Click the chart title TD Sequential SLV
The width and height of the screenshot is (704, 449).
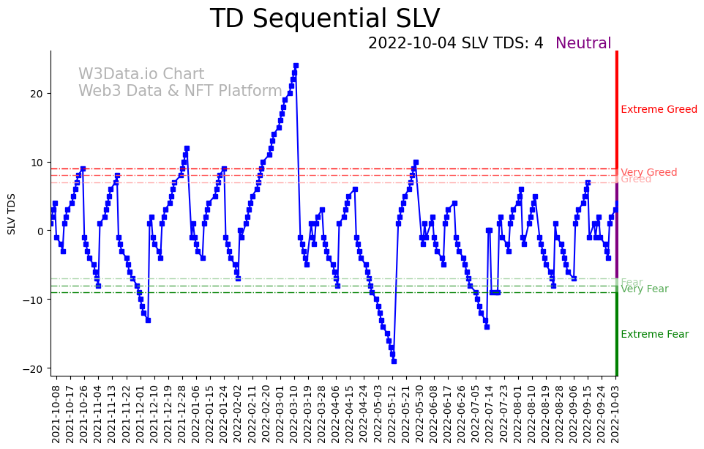(325, 19)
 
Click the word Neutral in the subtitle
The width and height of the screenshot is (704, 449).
(583, 43)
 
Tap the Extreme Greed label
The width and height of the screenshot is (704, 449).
(659, 110)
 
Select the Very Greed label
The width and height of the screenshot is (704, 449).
(648, 172)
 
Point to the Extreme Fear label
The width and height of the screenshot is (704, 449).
(654, 335)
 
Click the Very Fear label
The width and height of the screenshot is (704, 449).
(644, 289)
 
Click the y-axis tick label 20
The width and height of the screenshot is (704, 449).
(37, 94)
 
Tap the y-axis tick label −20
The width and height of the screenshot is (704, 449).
(34, 368)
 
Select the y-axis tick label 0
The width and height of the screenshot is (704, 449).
(40, 231)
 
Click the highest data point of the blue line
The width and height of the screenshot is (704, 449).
(296, 66)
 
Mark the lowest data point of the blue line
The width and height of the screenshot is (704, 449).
(394, 361)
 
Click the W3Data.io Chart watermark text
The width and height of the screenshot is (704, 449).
(141, 75)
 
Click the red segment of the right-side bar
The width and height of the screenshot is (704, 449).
(617, 110)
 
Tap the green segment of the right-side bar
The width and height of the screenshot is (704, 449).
(617, 330)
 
